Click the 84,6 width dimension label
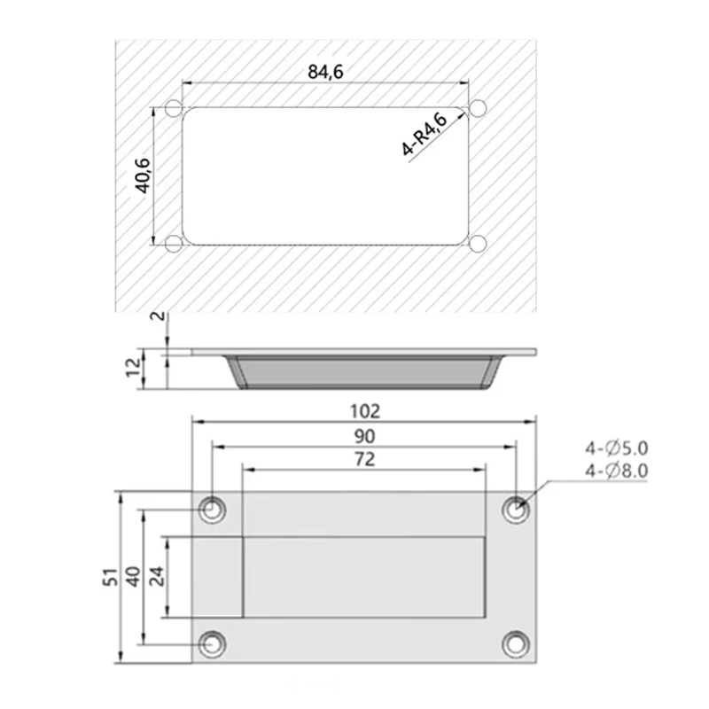coord(325,72)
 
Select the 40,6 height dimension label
coord(144,175)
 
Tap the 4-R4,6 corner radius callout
coord(425,134)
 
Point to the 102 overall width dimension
coord(365,411)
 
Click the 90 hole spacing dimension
coord(364,436)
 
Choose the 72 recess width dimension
coord(364,459)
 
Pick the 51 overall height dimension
coord(111,578)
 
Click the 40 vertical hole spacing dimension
coord(134,577)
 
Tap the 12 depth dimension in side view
coord(134,367)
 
